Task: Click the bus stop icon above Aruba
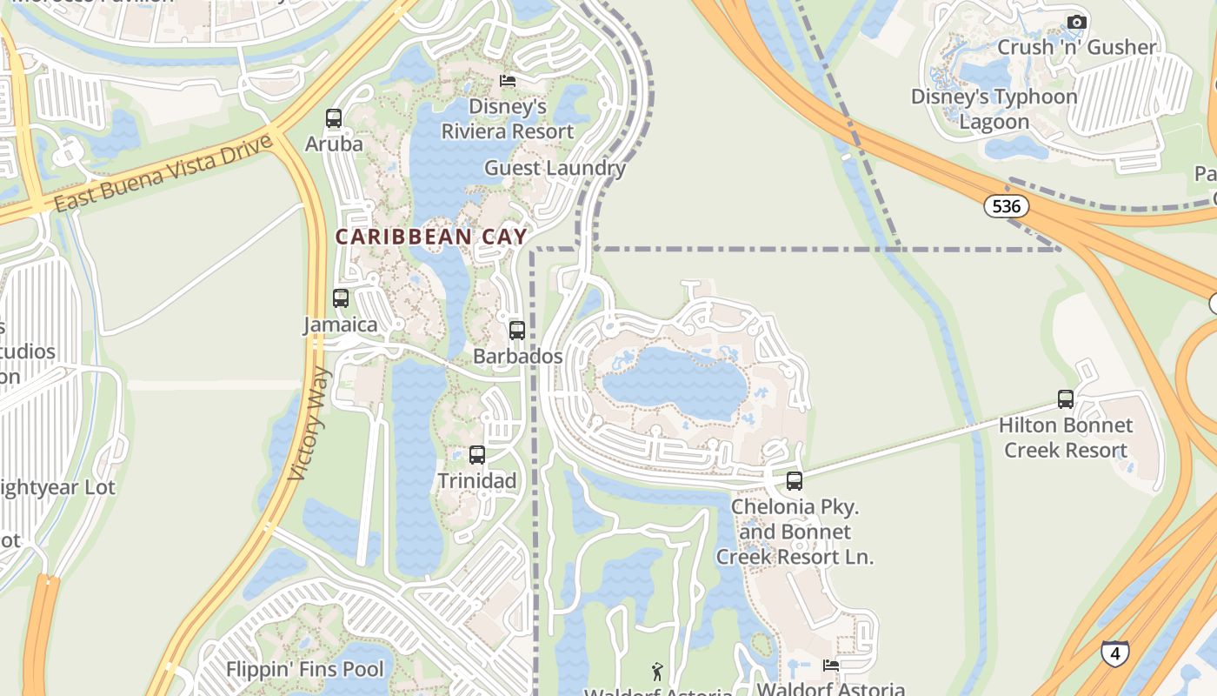334,118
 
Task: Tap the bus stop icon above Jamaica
341,298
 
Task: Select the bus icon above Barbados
517,331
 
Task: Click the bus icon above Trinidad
477,454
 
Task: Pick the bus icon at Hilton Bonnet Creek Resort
1066,399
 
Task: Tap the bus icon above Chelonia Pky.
794,480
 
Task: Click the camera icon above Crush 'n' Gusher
1077,22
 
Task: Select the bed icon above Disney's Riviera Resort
508,81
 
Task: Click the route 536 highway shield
1007,206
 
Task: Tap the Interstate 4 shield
1114,652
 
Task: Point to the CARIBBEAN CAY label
432,237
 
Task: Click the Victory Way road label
310,425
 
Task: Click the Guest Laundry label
555,168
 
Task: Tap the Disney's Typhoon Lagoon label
994,109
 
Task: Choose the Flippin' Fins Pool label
304,669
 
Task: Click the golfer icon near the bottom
657,672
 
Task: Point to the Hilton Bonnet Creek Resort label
1066,438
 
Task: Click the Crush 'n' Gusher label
1077,47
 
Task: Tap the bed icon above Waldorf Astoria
831,666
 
